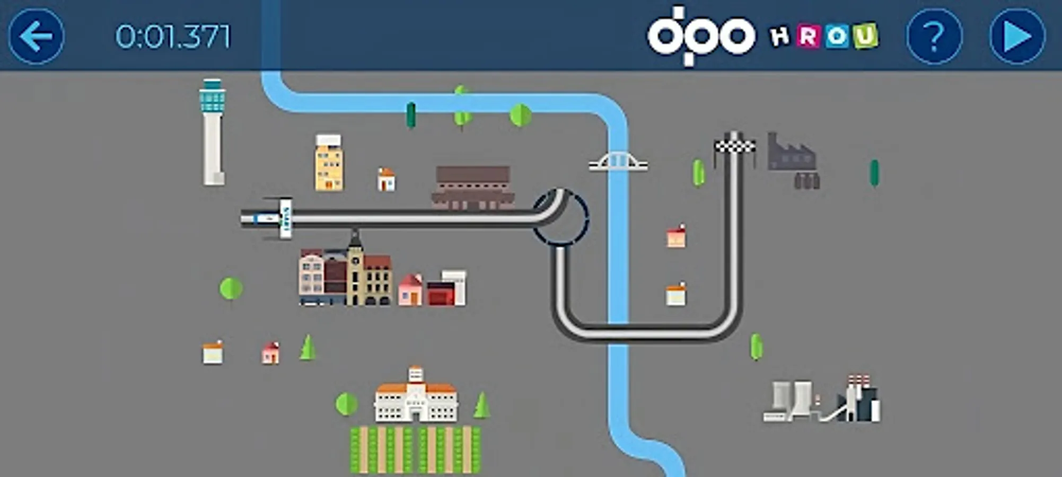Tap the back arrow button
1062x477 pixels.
click(x=36, y=36)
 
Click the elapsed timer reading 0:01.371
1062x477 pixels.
click(x=173, y=37)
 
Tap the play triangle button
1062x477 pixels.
click(x=1017, y=37)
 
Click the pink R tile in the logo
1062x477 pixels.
click(x=808, y=37)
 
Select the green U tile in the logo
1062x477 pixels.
click(x=865, y=36)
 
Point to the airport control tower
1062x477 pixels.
click(x=213, y=132)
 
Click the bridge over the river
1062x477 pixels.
click(x=618, y=162)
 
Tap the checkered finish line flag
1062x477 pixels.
click(x=734, y=145)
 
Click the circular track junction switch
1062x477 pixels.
click(x=560, y=217)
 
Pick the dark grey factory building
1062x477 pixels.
click(x=792, y=159)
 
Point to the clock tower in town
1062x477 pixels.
click(x=355, y=268)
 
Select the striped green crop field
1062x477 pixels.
click(x=415, y=449)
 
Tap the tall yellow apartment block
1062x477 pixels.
click(x=329, y=163)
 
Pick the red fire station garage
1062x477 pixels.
click(x=442, y=294)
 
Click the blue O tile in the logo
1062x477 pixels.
click(x=837, y=36)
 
